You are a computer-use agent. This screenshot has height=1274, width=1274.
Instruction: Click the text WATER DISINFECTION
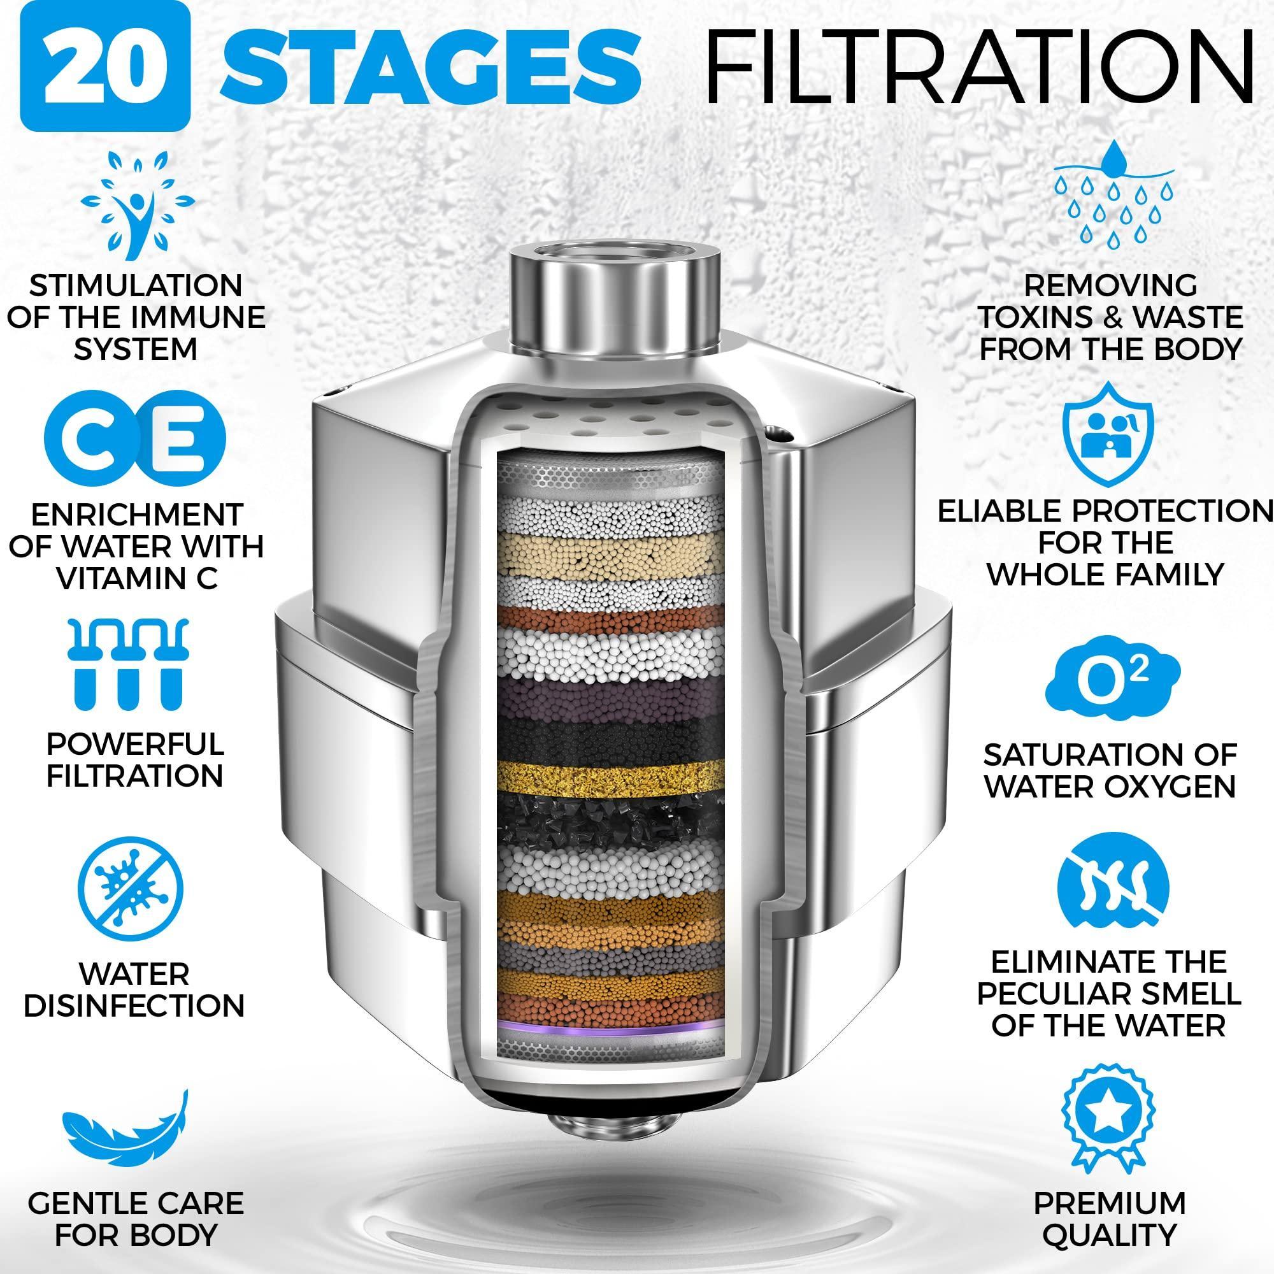pos(134,990)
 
